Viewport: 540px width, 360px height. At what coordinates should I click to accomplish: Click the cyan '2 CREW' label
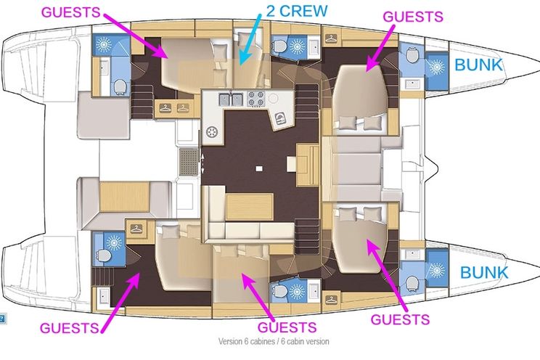[297, 11]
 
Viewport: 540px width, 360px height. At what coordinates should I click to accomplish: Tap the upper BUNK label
[479, 65]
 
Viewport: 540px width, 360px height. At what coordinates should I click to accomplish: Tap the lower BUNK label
[484, 272]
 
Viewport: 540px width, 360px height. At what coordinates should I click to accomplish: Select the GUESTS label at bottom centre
[287, 327]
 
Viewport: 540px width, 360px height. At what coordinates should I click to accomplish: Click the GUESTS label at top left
[70, 12]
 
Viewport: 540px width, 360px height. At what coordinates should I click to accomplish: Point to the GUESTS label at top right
[413, 17]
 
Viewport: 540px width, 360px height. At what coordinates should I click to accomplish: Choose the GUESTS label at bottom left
[70, 327]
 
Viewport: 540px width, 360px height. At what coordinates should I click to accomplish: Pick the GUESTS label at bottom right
[400, 319]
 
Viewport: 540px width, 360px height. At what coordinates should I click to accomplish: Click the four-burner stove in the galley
[256, 98]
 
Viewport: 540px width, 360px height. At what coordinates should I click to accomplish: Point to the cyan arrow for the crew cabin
[251, 39]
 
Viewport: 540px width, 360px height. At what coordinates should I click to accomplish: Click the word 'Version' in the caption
[230, 341]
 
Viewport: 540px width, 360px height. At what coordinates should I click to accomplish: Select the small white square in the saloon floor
[259, 168]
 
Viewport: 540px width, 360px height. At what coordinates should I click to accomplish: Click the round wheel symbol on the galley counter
[212, 132]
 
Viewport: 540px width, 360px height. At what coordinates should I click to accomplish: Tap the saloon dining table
[250, 206]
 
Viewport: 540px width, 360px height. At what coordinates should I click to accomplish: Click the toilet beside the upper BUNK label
[412, 56]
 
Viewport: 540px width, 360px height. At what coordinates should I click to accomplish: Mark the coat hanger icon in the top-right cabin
[331, 38]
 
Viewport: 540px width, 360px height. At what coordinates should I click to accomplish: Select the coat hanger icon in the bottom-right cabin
[331, 300]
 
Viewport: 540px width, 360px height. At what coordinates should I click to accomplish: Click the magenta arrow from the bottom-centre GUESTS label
[258, 296]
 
